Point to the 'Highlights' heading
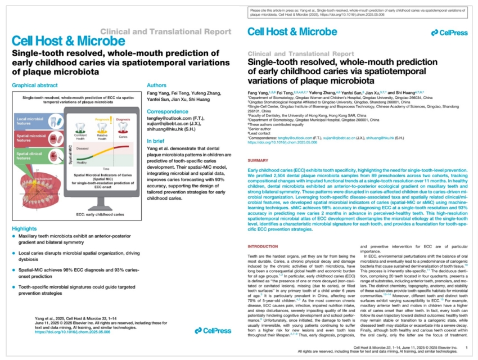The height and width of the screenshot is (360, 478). click(x=28, y=228)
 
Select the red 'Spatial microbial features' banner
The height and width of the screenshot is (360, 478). click(x=31, y=138)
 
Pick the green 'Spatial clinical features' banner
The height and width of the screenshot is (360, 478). click(x=31, y=154)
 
